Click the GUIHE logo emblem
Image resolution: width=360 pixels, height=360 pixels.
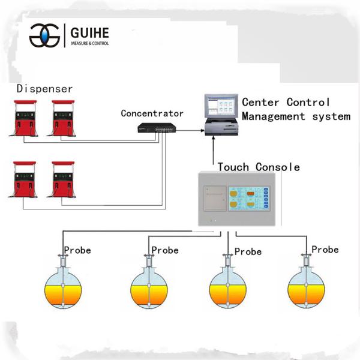[x=45, y=35]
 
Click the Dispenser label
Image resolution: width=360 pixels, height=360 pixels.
[x=44, y=89]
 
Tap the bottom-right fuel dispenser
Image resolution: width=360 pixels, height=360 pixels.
[x=63, y=179]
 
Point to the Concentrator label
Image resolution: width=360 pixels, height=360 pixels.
[x=152, y=113]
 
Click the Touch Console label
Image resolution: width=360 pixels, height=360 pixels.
[x=259, y=167]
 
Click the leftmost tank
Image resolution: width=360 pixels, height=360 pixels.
[x=62, y=287]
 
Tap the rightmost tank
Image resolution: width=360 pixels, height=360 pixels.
[x=306, y=287]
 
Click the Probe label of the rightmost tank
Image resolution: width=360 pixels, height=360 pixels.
[x=325, y=249]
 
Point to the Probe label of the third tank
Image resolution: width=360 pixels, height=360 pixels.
[x=248, y=251]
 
